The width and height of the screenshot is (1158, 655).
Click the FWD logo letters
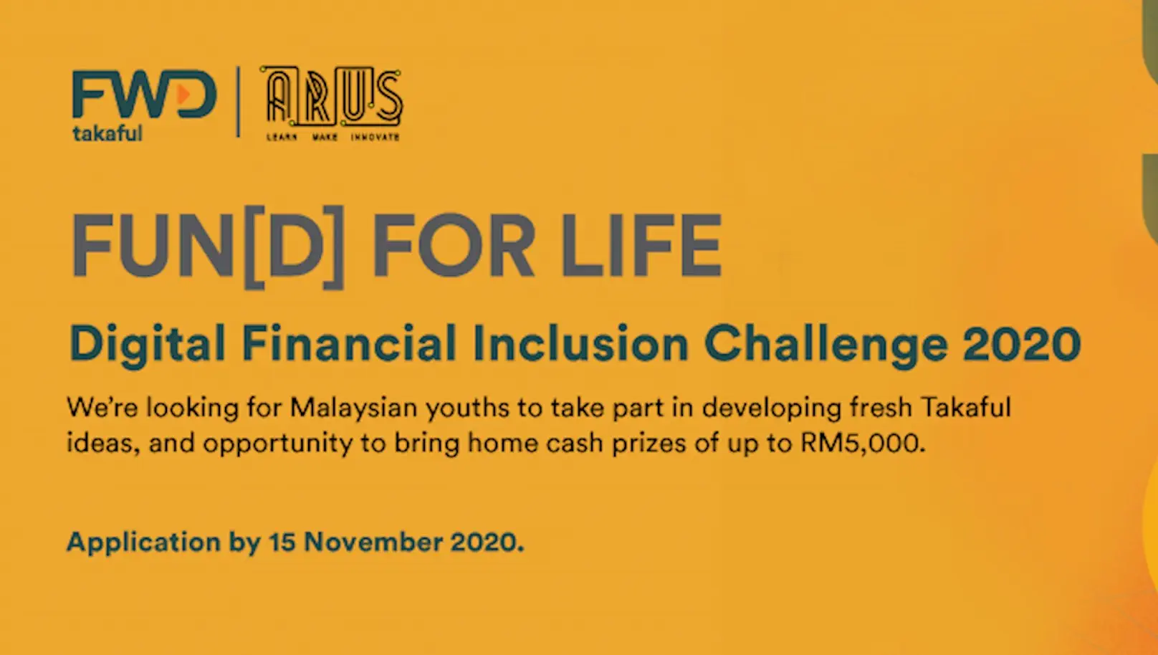[143, 94]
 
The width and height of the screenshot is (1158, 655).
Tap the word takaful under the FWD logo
[107, 133]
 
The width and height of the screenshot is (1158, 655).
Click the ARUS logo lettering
[333, 96]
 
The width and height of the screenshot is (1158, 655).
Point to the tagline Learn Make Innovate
[333, 136]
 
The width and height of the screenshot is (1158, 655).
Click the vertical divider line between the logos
[239, 102]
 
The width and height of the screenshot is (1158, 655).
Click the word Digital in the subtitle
[147, 344]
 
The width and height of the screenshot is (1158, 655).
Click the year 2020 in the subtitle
[1022, 344]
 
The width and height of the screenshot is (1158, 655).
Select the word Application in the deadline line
[143, 542]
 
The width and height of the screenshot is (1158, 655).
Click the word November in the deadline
[373, 542]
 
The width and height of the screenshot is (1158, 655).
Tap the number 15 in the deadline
[282, 542]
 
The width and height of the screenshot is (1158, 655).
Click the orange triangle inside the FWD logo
[184, 94]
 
